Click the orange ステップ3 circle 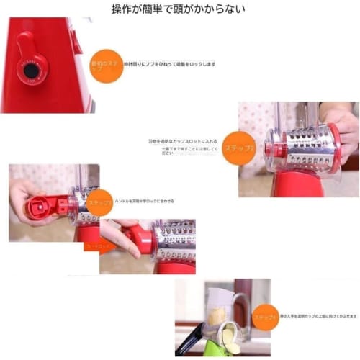99,203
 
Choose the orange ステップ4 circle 264,316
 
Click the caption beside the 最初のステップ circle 169,64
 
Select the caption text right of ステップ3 144,201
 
